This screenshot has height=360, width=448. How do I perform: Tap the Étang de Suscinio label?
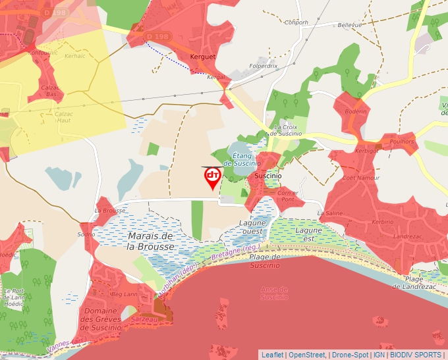[243, 159]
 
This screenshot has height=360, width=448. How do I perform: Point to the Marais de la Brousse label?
[150, 241]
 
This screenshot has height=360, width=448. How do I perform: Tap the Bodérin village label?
[355, 113]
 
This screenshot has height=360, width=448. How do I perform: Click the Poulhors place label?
[403, 141]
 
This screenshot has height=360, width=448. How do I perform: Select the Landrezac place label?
[406, 236]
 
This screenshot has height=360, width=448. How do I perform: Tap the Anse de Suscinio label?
[274, 293]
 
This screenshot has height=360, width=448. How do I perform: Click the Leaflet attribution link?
[272, 355]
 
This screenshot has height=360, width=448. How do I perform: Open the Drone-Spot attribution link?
[351, 355]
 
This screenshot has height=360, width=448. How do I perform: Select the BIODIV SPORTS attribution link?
[415, 355]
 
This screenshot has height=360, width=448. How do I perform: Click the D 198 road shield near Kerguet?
[157, 36]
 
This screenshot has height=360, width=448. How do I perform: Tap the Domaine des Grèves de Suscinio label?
[101, 319]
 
